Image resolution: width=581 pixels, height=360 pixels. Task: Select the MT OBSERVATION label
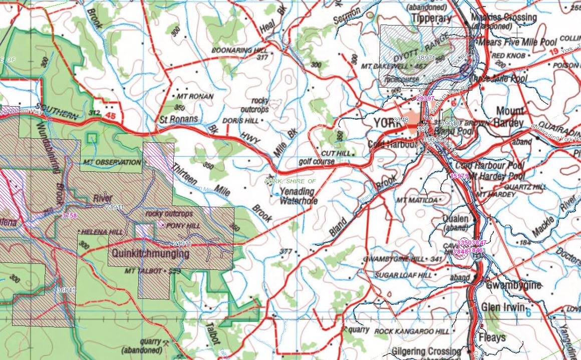coord(112,162)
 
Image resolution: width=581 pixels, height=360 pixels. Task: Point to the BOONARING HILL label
coord(232,51)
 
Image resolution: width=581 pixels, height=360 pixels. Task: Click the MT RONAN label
coord(195,96)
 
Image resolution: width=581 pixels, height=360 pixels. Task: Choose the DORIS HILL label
coord(240,121)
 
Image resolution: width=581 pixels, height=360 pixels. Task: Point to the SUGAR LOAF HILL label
coord(403,275)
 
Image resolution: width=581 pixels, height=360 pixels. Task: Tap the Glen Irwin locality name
coord(503,307)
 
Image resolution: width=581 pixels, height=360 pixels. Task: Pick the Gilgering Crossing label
coord(426,351)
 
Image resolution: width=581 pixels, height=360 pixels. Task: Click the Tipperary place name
coord(431,18)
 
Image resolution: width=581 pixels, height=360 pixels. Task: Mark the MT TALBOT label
coord(145,271)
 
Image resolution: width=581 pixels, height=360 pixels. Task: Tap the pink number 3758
coord(70,216)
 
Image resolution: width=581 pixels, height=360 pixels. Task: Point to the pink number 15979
coord(459,176)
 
